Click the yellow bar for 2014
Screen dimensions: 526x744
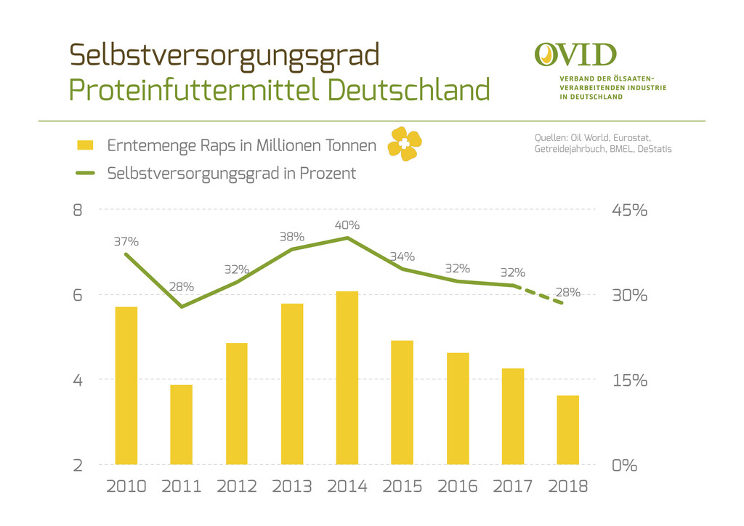pos(347,378)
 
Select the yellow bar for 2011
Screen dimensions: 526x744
pos(181,424)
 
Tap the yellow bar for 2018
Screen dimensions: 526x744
pos(567,430)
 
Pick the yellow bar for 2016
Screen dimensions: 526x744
pos(457,408)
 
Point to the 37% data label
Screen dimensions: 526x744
pos(126,241)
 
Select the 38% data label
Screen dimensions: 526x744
pos(291,236)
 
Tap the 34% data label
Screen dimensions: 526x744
pos(402,256)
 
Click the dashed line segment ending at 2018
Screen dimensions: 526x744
pos(541,294)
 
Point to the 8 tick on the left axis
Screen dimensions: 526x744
pos(77,211)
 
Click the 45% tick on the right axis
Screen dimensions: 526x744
pos(629,211)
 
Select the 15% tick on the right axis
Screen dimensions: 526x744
pos(629,380)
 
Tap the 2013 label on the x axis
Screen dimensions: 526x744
pos(291,486)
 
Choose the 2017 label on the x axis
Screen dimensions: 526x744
pos(512,486)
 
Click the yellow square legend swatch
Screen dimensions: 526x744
pos(86,145)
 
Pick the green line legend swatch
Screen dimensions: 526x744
pos(86,174)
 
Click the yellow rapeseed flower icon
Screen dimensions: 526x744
pos(404,144)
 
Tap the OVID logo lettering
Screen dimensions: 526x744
pos(575,54)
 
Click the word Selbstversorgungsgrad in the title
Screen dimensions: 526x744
pos(225,54)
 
